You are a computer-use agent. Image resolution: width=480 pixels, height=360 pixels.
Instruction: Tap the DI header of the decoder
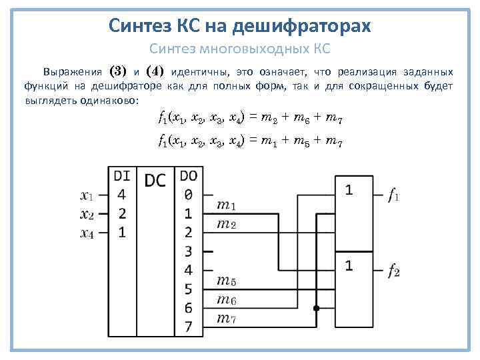pos(122,176)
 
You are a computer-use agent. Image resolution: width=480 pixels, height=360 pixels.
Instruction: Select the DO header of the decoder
pos(188,176)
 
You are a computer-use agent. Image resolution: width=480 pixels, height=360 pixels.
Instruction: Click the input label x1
pos(87,195)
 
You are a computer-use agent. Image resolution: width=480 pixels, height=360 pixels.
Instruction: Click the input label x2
pos(87,214)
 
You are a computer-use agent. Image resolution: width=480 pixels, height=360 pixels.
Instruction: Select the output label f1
pos(394,196)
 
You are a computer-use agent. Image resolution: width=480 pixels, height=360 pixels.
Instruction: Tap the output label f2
pos(394,271)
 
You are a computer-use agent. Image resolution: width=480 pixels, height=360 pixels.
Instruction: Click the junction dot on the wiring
pos(317,309)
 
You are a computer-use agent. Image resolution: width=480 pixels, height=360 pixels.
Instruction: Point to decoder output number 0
pos(188,195)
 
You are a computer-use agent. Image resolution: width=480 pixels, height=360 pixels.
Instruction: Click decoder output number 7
pos(188,327)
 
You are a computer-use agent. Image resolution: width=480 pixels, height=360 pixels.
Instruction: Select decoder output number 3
pos(188,251)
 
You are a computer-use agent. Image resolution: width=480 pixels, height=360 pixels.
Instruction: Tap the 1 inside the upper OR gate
pos(348,191)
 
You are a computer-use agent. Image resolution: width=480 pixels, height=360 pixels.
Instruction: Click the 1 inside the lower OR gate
pos(348,266)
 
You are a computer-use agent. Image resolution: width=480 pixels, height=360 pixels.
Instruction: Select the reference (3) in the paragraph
pos(118,71)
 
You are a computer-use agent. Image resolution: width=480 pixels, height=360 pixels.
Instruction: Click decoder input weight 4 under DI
pos(121,195)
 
